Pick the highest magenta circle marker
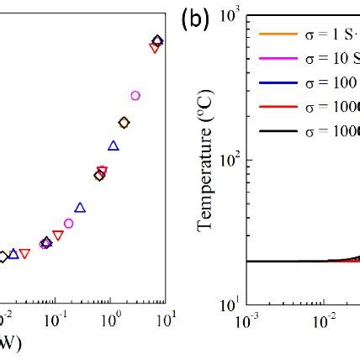(x=135, y=95)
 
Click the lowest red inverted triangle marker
(x=25, y=254)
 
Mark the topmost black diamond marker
(x=157, y=40)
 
